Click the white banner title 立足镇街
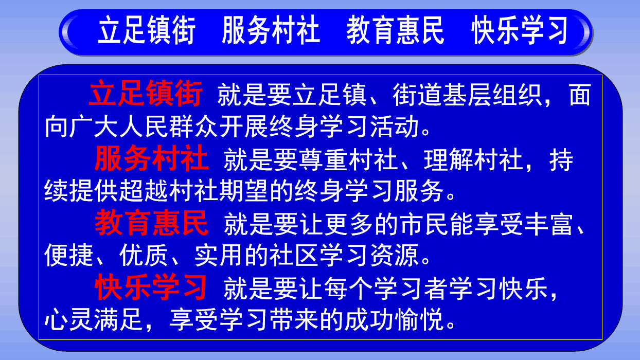(x=147, y=30)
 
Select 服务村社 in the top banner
(x=271, y=30)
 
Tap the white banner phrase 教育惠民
(x=396, y=30)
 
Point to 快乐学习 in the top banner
(x=520, y=30)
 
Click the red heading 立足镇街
(x=146, y=93)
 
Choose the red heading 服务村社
(x=151, y=158)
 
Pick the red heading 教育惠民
(x=151, y=223)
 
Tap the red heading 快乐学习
(x=151, y=286)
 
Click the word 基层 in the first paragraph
(x=467, y=95)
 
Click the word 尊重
(x=324, y=159)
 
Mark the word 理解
(x=449, y=159)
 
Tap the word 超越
(x=144, y=191)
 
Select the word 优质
(x=144, y=255)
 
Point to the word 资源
(x=395, y=255)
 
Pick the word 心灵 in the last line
(x=68, y=319)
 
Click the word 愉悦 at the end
(x=420, y=319)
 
